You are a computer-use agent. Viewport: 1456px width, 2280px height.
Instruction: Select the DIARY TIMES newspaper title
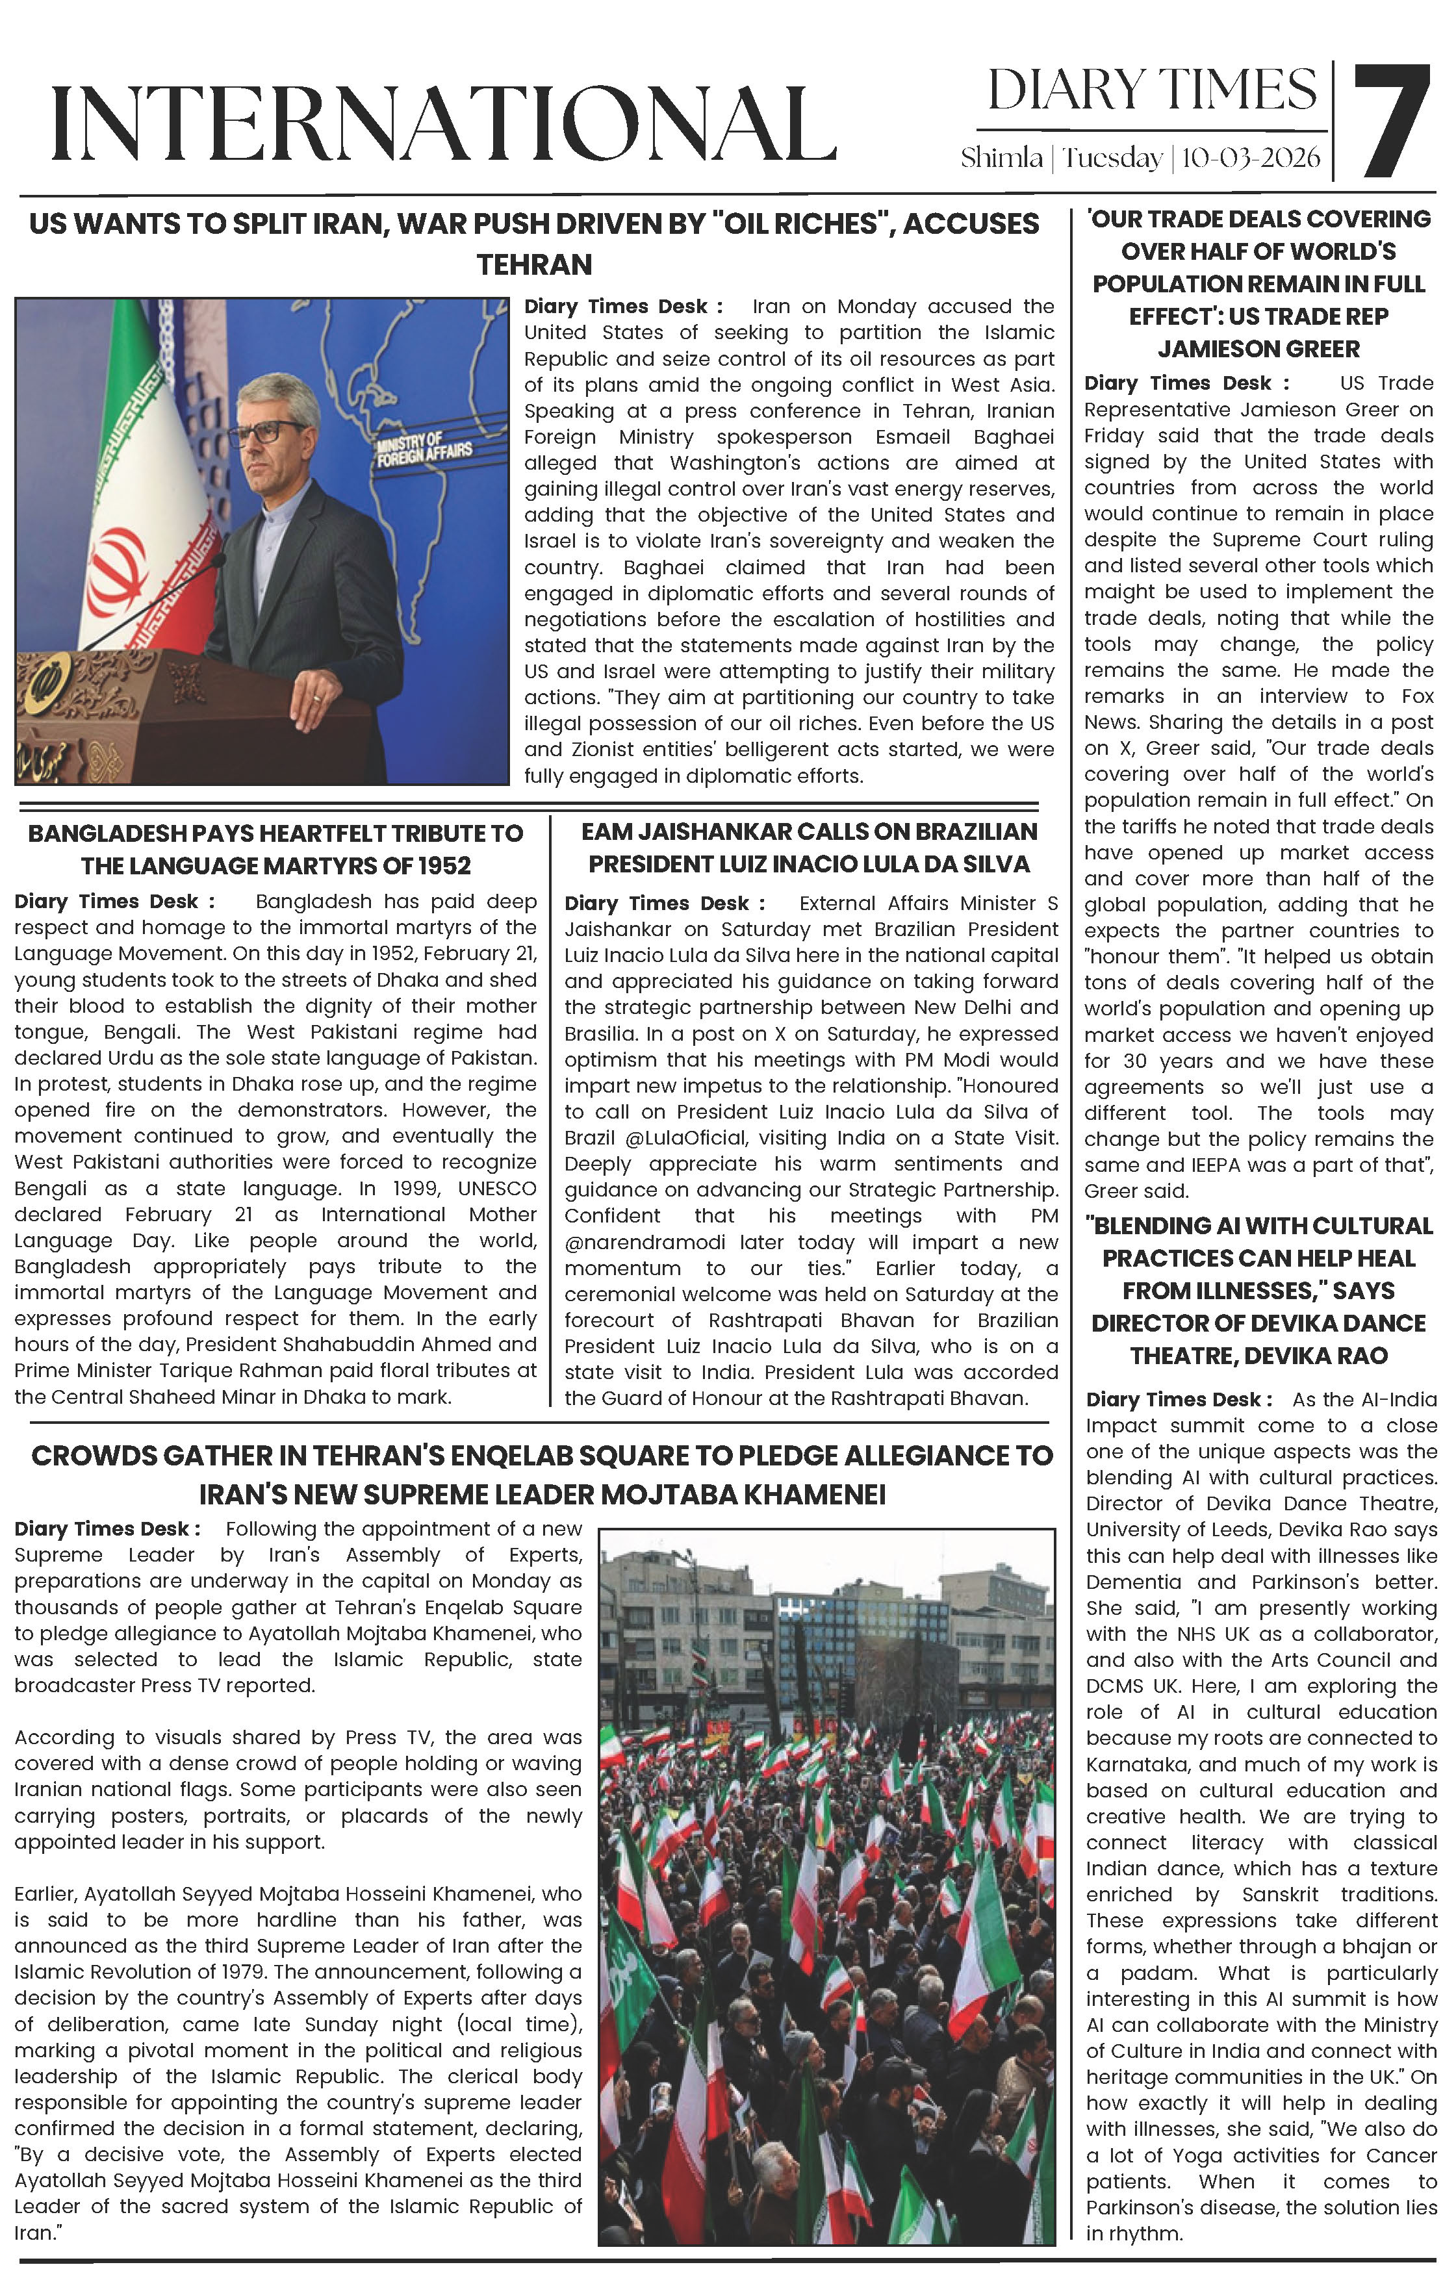click(x=1152, y=91)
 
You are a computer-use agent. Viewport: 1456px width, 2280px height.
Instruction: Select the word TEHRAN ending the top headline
click(x=534, y=265)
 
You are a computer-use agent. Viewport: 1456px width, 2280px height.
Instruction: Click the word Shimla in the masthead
click(x=1001, y=158)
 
